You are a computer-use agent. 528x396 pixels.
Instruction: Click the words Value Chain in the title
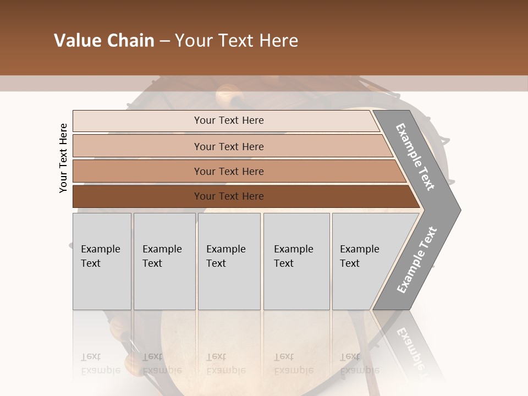tap(104, 41)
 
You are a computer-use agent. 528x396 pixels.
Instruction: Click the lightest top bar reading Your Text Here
tap(228, 120)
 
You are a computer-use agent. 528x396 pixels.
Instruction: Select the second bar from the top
tap(229, 146)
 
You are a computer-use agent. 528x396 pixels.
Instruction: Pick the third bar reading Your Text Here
tap(229, 172)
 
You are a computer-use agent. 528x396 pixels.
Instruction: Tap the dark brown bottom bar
tap(229, 196)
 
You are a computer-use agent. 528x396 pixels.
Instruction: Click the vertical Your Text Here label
tap(63, 158)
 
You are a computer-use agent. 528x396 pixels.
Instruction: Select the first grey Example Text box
tap(102, 261)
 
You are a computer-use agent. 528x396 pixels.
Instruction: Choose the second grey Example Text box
tap(164, 261)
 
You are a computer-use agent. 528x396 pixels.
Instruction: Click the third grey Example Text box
tap(228, 261)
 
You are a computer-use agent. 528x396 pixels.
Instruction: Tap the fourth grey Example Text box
tap(296, 261)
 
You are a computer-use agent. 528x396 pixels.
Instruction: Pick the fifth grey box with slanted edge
tap(363, 261)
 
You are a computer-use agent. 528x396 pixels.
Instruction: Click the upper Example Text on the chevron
tap(415, 157)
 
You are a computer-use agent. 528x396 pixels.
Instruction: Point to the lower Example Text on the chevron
tap(416, 260)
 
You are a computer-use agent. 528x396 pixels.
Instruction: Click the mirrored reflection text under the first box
tap(100, 363)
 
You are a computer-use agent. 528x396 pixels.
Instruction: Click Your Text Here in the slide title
tap(237, 41)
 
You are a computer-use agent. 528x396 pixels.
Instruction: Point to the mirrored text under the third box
tap(226, 363)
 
